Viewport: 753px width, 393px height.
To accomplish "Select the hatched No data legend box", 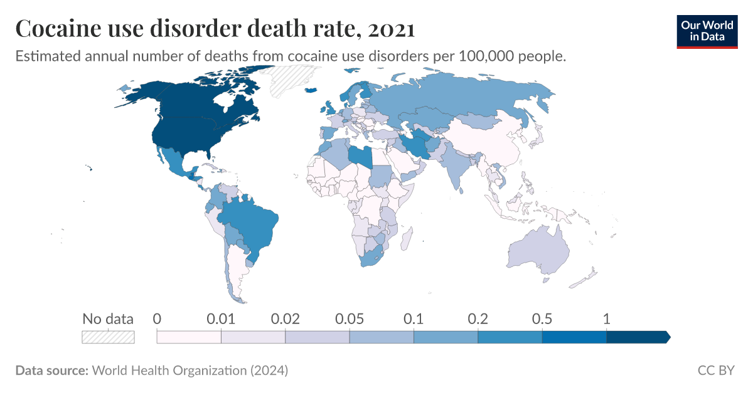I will pos(108,337).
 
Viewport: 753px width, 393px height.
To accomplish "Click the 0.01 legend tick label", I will pos(221,318).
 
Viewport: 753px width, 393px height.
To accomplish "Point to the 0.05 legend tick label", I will pos(350,318).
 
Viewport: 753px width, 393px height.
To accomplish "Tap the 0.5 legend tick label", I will pos(542,318).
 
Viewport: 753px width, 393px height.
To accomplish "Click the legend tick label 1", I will pos(606,318).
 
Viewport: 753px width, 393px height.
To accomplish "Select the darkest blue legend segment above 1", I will pos(638,337).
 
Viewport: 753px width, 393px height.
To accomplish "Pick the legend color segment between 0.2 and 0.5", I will pos(510,337).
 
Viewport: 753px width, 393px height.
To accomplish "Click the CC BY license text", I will pos(715,370).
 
